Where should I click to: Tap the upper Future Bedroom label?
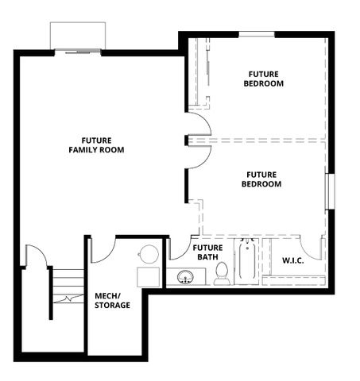(x=264, y=78)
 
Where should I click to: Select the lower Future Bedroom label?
(x=261, y=179)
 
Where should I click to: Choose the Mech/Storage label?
(x=113, y=300)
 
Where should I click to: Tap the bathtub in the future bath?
(x=246, y=262)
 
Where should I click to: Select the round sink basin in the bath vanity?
(x=186, y=277)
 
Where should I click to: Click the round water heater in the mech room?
(x=149, y=254)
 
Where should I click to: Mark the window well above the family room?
(x=78, y=37)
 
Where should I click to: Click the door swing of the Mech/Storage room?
(x=103, y=249)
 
